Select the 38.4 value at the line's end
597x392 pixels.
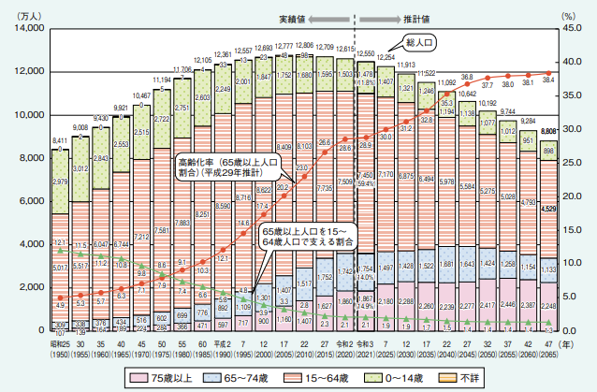tap(549, 81)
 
